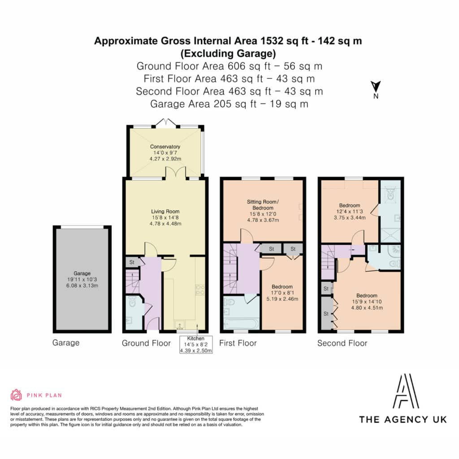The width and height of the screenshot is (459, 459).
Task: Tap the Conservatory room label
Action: point(165,152)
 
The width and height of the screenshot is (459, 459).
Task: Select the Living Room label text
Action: point(165,217)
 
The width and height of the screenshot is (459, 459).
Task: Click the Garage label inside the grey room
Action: point(82,279)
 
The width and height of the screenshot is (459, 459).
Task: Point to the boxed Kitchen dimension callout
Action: point(196,345)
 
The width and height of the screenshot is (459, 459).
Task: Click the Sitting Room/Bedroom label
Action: point(263,211)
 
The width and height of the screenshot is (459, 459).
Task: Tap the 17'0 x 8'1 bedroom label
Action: point(282,293)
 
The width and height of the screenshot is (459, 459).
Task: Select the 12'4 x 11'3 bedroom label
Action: point(350,212)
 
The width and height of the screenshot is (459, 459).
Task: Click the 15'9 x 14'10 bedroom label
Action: point(367,302)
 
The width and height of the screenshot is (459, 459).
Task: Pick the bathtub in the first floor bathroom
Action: point(241,324)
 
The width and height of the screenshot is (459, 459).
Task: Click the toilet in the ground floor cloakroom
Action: point(132,302)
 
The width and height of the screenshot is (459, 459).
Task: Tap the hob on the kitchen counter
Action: point(200,290)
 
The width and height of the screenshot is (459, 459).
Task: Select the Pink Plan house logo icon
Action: point(16,395)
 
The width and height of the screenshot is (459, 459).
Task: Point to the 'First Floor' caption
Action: point(238,343)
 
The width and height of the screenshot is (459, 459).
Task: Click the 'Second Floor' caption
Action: point(342,343)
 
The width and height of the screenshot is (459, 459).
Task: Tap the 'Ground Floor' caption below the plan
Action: point(146,343)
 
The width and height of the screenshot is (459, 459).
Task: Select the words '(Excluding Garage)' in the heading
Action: point(228,54)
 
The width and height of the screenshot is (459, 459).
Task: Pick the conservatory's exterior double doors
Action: point(166,123)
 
